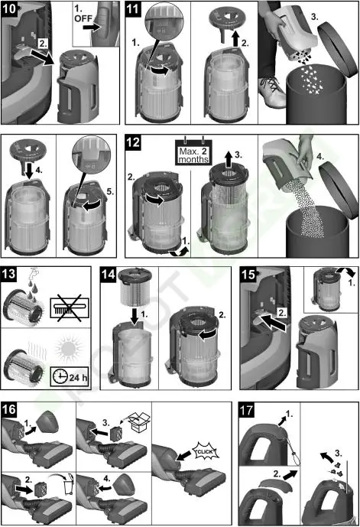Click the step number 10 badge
pos(9,8)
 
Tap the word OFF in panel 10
pos(83,18)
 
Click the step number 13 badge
pos(8,274)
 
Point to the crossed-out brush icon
pos(70,307)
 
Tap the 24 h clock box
pos(70,377)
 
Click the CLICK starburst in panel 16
pos(205,451)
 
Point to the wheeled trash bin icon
pos(69,486)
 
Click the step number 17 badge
pos(246,410)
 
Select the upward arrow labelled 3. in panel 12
pos(229,159)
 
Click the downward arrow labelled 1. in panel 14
pos(135,317)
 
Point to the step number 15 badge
pos(248,275)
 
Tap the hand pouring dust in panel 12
pos(305,151)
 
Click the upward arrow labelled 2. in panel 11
pos(235,39)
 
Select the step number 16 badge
pos(9,410)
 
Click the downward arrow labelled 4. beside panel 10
pos(28,171)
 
